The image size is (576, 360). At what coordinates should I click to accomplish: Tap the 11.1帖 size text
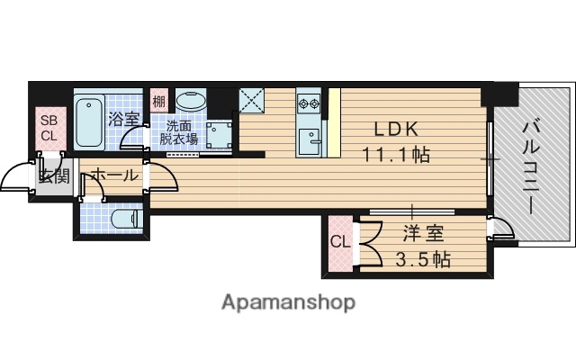point(395,154)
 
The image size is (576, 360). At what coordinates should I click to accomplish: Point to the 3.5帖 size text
point(422,261)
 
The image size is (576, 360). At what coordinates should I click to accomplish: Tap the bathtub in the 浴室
point(89,123)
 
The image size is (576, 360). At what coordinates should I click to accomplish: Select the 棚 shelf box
point(158,101)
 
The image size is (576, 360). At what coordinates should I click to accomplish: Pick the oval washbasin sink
point(191,101)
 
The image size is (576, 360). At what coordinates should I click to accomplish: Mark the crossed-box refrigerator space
point(251,99)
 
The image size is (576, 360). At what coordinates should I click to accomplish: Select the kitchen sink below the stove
point(310,139)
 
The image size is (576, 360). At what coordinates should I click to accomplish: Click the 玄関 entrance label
point(52,175)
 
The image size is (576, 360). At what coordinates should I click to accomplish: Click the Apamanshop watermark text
point(288,301)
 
